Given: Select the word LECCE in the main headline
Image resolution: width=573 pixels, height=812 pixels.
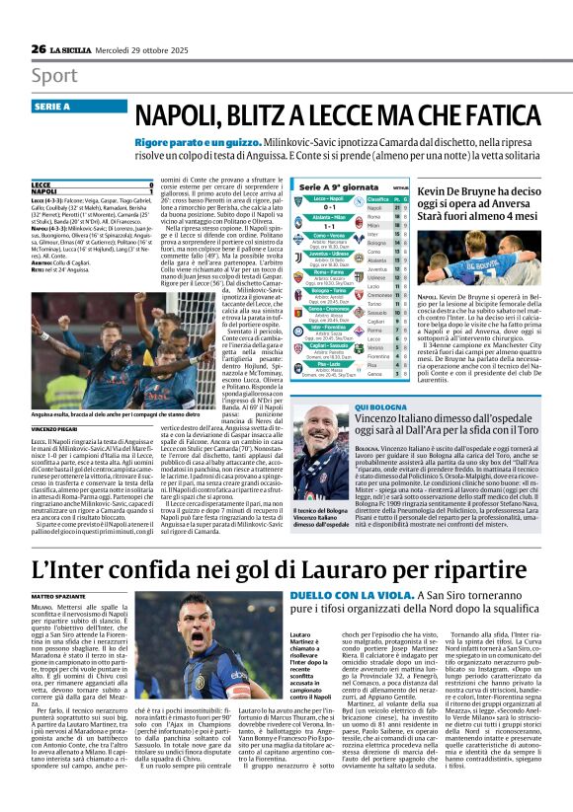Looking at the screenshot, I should [x=322, y=115].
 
